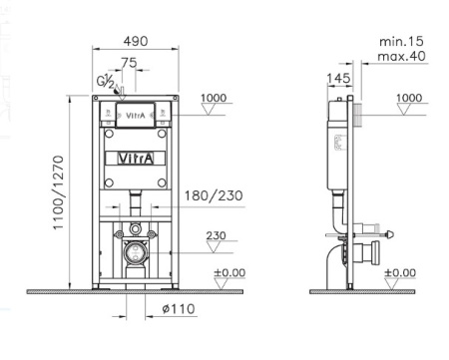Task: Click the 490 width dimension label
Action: point(136,41)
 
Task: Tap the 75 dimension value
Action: point(129,63)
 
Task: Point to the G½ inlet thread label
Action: point(106,81)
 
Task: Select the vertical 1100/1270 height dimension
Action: point(58,192)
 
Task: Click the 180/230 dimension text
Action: point(214,195)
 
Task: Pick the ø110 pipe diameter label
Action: point(179,309)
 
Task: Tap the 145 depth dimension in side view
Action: point(338,79)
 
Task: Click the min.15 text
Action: point(401,42)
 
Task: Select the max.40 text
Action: point(401,56)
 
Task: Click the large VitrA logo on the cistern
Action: point(136,159)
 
